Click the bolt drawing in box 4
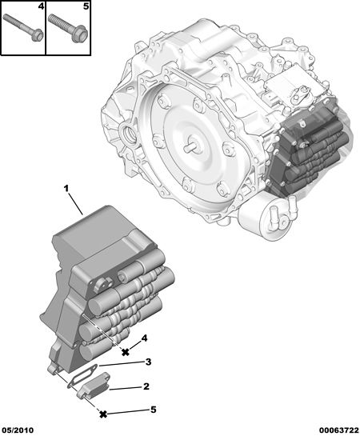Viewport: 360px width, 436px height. [23, 28]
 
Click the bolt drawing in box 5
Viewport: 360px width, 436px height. [68, 28]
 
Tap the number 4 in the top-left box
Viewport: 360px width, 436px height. [41, 6]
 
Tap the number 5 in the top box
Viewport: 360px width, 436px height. [86, 6]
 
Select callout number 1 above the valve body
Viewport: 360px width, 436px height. [66, 189]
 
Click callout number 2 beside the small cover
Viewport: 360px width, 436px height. [146, 386]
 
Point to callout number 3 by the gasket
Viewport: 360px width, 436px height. [148, 362]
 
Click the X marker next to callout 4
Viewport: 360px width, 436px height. [126, 352]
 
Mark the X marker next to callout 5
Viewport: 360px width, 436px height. [103, 414]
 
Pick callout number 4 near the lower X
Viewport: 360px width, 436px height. [144, 338]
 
